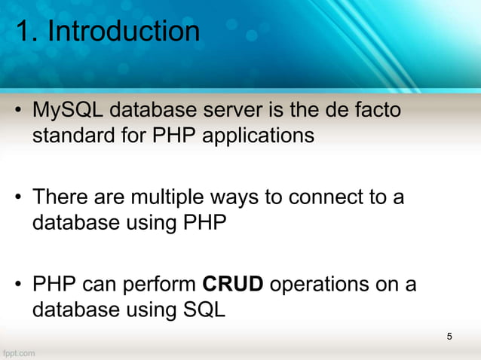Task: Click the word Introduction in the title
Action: (x=124, y=32)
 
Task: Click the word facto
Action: (x=375, y=112)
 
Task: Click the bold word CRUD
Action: (x=233, y=285)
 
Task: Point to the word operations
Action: (x=326, y=286)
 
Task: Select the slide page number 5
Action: (x=449, y=336)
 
